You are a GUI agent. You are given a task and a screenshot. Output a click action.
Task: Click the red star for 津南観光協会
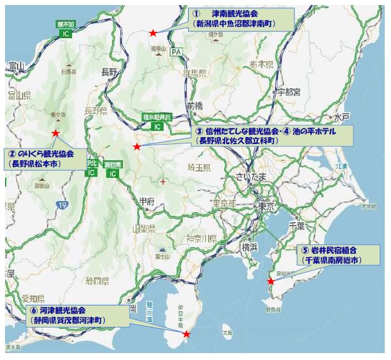pyautogui.click(x=153, y=33)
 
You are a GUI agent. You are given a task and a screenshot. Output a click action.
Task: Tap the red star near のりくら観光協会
pyautogui.click(x=56, y=133)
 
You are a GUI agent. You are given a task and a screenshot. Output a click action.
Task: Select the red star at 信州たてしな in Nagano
pyautogui.click(x=137, y=147)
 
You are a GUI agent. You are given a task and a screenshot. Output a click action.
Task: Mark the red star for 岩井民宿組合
pyautogui.click(x=271, y=281)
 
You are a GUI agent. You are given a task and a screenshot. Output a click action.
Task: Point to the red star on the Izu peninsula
pyautogui.click(x=186, y=334)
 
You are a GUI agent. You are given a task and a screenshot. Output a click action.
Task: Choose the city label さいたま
pyautogui.click(x=250, y=177)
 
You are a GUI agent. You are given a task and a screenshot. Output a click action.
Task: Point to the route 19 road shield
pyautogui.click(x=61, y=204)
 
